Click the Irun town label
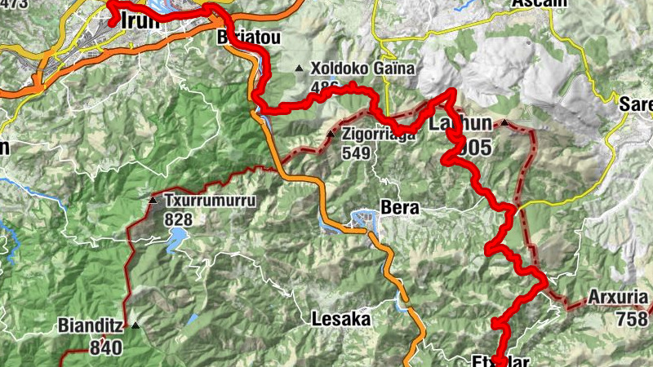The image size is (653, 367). coord(139,21)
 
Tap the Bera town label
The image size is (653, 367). coord(399,208)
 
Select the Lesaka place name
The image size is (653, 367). coord(341,319)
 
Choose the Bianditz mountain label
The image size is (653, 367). coord(91,326)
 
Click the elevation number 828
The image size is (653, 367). coord(177,219)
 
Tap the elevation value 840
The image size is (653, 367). coord(106,348)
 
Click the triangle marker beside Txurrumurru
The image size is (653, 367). coord(153,200)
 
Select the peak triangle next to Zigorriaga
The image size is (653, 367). coord(331,134)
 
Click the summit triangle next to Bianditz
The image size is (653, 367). coord(135,326)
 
